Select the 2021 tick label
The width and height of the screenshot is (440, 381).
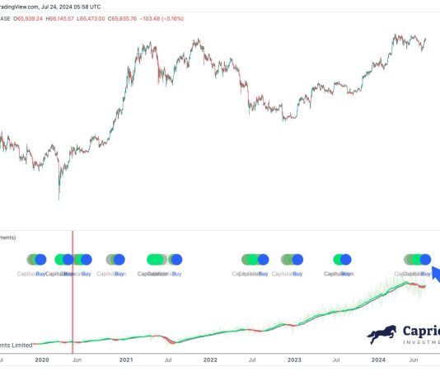tap(126, 360)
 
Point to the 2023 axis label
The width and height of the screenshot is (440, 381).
tap(294, 360)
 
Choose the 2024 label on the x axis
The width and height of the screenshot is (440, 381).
tap(378, 360)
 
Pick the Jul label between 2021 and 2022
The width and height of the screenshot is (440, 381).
tap(167, 360)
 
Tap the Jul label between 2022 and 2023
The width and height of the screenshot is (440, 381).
tap(252, 360)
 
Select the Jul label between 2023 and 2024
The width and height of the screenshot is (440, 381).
tap(336, 360)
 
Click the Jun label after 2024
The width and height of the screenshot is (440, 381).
tap(416, 360)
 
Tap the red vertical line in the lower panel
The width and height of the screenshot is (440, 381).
tap(73, 289)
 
